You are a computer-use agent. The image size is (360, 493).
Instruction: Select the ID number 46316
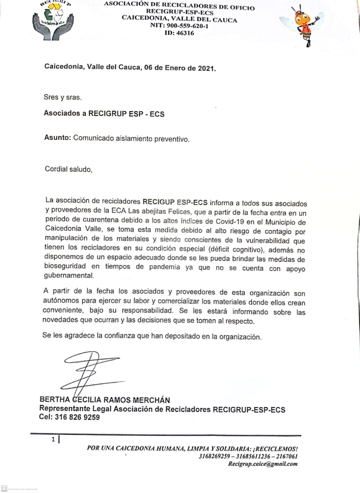[x=185, y=33]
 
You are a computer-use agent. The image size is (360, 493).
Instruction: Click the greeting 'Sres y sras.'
[x=63, y=97]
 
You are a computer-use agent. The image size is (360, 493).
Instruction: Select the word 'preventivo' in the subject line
[x=172, y=139]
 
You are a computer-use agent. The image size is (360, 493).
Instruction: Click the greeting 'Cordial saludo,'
[x=69, y=169]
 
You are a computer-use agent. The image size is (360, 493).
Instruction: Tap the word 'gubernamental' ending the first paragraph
[x=69, y=276]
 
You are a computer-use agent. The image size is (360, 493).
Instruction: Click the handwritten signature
[x=89, y=370]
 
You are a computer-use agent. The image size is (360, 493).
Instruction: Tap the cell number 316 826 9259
[x=77, y=417]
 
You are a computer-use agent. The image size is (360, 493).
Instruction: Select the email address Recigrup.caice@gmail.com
[x=263, y=464]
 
